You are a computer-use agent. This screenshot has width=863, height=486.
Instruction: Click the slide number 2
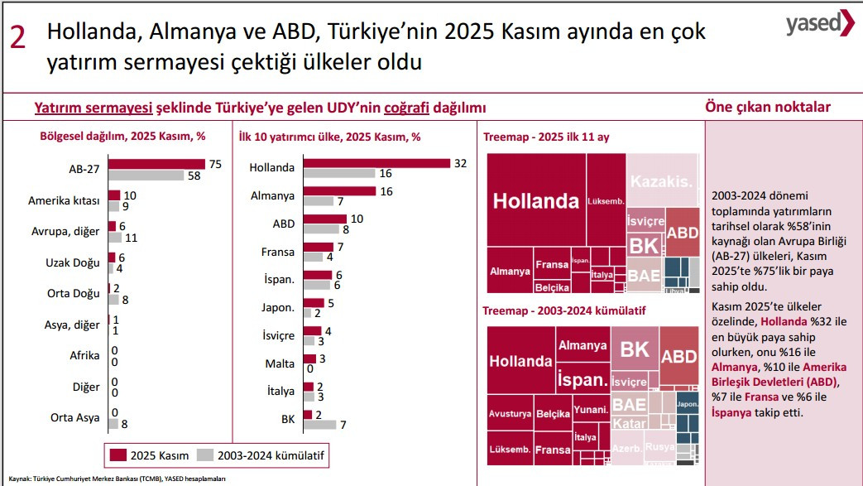coord(17,37)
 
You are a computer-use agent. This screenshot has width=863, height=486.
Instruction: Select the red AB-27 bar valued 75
coord(156,164)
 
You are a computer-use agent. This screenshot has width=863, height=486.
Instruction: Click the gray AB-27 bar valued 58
coord(146,176)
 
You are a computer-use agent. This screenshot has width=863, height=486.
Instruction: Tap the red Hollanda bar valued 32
coord(376,163)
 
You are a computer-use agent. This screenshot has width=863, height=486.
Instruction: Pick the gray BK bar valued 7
coord(319,425)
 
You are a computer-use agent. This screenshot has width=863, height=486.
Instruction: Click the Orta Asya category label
coord(75,417)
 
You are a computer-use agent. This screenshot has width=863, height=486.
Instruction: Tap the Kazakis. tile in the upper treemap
coord(662,180)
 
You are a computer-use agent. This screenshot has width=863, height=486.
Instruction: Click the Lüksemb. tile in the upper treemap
coord(606,200)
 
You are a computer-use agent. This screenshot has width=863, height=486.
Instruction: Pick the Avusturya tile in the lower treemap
coord(510,413)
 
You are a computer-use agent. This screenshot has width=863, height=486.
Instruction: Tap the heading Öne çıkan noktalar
coord(767,107)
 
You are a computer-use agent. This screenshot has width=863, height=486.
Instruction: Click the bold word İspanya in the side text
coord(732,412)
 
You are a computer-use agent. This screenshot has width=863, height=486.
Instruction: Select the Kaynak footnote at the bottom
coord(117,479)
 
